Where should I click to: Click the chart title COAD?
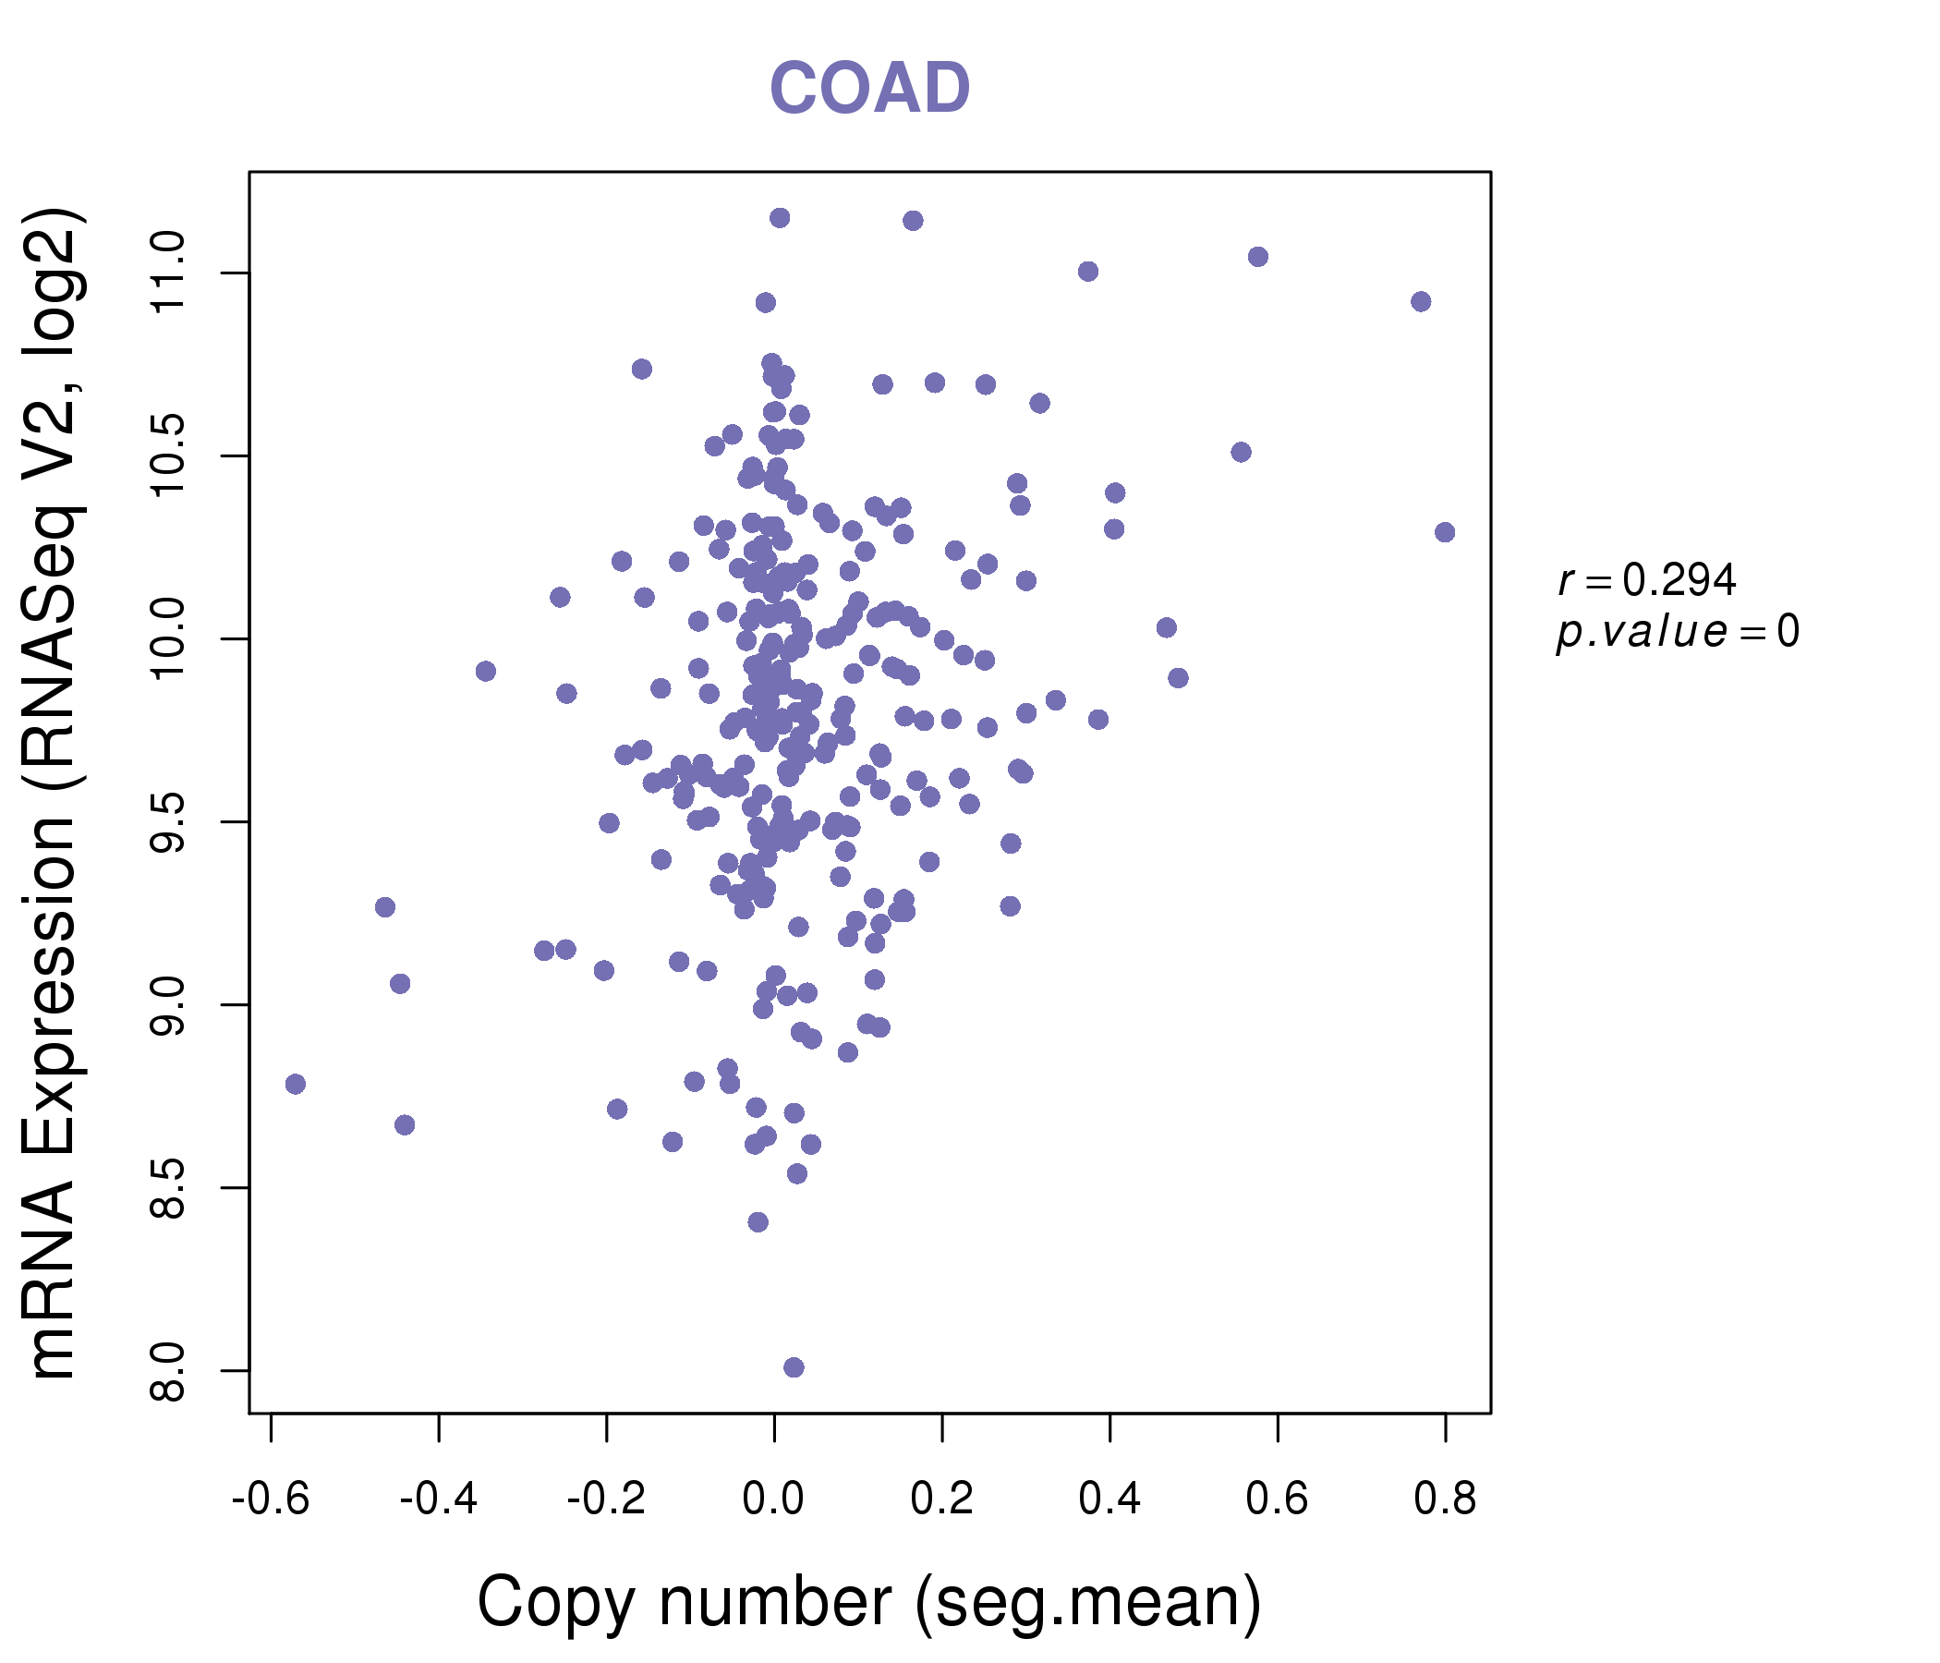869,89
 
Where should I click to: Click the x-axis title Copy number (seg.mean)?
869,1602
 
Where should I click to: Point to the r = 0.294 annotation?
1647,580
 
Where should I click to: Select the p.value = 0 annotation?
1677,632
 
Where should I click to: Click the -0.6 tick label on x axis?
271,1499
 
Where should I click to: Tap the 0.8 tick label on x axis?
1445,1499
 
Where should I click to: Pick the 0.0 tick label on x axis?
773,1499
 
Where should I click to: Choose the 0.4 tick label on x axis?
1109,1499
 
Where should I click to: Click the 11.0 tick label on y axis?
169,273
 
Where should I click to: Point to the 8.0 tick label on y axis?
169,1371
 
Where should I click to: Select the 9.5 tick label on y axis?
169,822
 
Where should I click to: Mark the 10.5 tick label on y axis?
169,456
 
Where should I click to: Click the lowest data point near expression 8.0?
794,1367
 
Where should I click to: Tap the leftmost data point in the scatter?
296,1085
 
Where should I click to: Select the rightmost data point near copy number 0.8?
1445,532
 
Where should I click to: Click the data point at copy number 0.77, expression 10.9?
1421,301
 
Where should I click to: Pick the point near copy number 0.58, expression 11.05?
1258,257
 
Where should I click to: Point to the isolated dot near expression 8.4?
758,1222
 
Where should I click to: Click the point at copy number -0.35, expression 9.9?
486,672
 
